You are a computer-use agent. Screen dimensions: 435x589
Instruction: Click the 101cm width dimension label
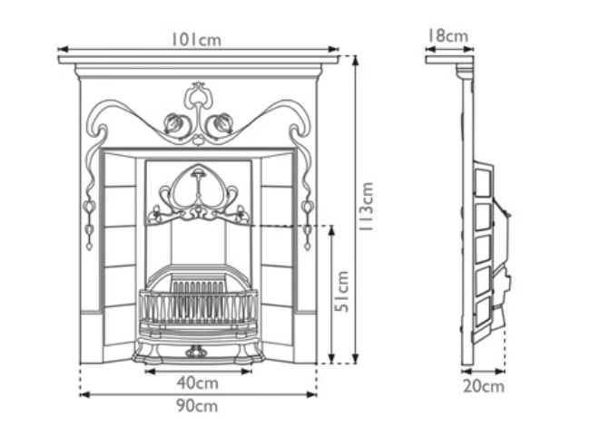pos(197,39)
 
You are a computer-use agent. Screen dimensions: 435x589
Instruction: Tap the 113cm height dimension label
pos(367,207)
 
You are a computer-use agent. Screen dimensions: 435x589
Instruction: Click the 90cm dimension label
pos(197,405)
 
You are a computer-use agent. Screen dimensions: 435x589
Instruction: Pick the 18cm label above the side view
pos(447,36)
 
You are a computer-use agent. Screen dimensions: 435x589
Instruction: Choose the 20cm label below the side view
pos(483,386)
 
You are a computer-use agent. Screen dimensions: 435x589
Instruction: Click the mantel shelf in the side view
pos(448,61)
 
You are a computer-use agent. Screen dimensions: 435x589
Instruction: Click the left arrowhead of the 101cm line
pos(61,50)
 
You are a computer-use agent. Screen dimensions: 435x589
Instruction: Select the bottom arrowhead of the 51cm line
pos(331,360)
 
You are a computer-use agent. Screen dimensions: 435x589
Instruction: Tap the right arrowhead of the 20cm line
pos(504,371)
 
